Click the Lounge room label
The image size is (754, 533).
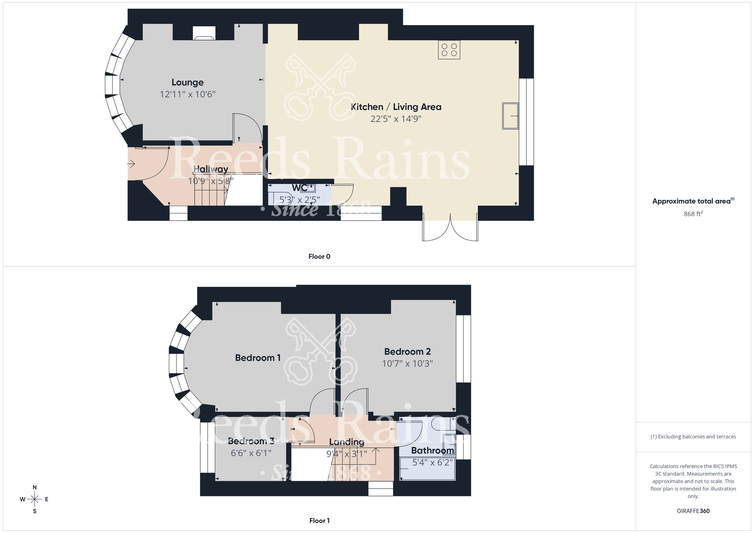187,82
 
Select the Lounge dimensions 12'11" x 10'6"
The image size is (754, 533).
187,94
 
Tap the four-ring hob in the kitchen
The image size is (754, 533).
449,50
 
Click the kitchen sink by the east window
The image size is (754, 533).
510,116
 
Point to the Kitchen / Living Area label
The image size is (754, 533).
396,107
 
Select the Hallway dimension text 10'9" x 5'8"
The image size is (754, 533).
211,181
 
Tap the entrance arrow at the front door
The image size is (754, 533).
131,164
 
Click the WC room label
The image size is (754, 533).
299,188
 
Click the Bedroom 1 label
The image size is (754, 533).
257,358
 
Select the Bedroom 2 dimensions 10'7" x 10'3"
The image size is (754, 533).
407,363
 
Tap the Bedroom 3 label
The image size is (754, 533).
251,441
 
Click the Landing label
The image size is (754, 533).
346,442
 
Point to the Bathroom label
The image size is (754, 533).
432,450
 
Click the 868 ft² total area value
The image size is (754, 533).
693,214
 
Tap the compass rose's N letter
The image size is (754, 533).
35,487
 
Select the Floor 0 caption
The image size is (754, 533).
319,256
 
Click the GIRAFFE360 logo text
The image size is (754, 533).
693,511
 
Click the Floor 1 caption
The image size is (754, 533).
319,521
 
